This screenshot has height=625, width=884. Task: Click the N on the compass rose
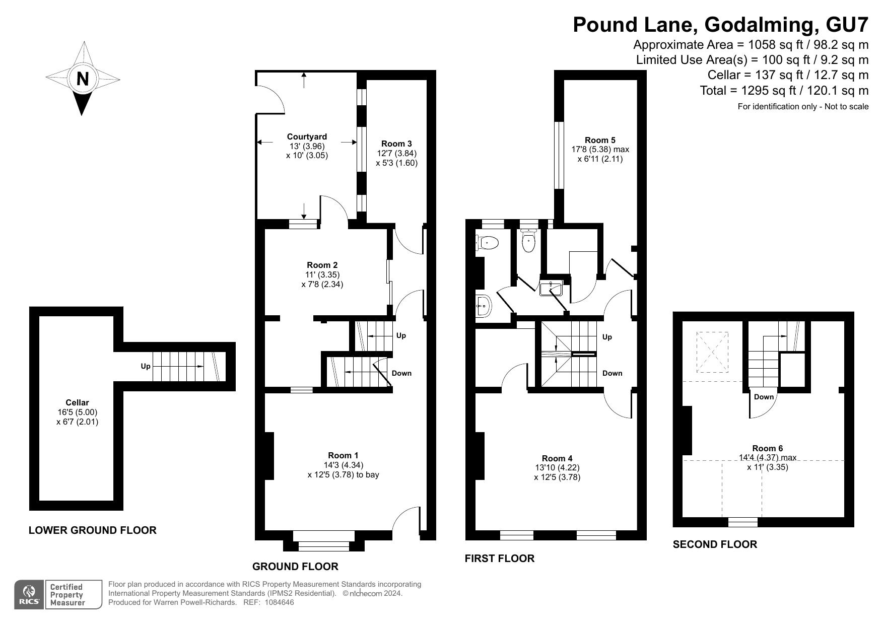pyautogui.click(x=83, y=79)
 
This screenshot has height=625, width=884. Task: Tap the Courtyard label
pyautogui.click(x=307, y=136)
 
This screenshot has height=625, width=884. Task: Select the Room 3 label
pyautogui.click(x=396, y=144)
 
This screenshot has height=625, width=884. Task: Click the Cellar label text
pyautogui.click(x=77, y=402)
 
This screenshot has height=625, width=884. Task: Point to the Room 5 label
pyautogui.click(x=600, y=140)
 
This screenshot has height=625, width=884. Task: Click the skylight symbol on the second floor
pyautogui.click(x=712, y=352)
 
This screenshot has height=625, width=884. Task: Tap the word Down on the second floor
pyautogui.click(x=764, y=397)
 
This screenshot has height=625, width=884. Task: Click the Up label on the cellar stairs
pyautogui.click(x=146, y=366)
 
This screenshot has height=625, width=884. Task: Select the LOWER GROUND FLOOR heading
pyautogui.click(x=93, y=530)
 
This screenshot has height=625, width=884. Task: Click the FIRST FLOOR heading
pyautogui.click(x=499, y=558)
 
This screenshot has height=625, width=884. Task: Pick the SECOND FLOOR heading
pyautogui.click(x=715, y=544)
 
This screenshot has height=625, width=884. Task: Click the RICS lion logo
pyautogui.click(x=29, y=595)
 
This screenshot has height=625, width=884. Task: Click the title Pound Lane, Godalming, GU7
pyautogui.click(x=720, y=24)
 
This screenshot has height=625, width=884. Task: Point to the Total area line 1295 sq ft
pyautogui.click(x=784, y=91)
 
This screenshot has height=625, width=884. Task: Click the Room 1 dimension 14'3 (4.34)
pyautogui.click(x=344, y=465)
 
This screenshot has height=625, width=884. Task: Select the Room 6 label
pyautogui.click(x=767, y=448)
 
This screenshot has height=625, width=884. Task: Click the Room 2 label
pyautogui.click(x=322, y=265)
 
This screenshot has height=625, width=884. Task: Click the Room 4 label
pyautogui.click(x=557, y=458)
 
